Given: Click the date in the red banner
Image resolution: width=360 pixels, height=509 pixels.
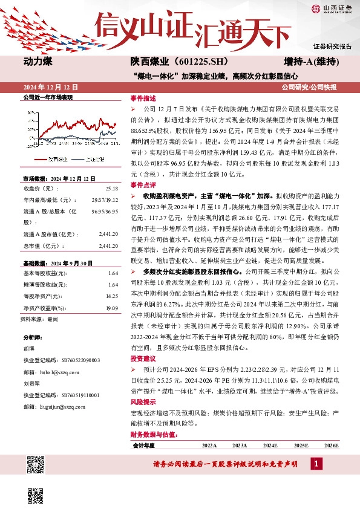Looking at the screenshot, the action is (x=51, y=87).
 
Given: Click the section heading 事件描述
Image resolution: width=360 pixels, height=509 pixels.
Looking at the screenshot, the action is (x=143, y=97).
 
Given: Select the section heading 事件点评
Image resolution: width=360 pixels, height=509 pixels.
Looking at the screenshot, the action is (x=143, y=185).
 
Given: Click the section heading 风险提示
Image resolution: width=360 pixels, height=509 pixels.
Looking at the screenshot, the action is (x=143, y=401).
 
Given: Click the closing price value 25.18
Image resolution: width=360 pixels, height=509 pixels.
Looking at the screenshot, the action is (x=113, y=188).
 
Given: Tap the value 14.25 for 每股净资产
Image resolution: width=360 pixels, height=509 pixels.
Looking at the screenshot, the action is (x=112, y=296).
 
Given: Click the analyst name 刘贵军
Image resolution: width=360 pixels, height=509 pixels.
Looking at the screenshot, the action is (x=31, y=383).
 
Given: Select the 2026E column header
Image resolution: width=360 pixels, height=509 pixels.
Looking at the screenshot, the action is (x=331, y=445).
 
